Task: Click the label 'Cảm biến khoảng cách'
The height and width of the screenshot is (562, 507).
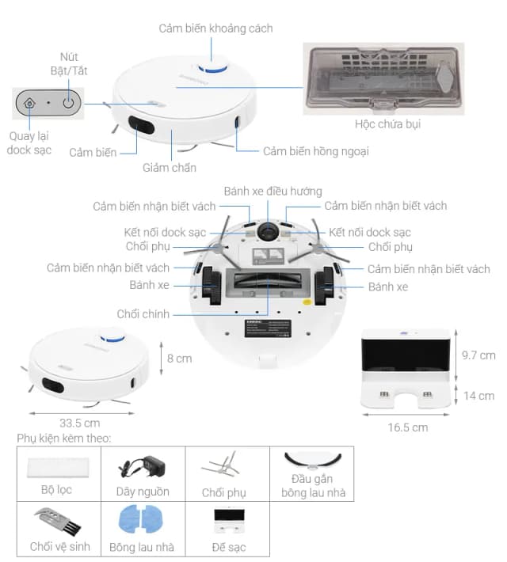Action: [215, 28]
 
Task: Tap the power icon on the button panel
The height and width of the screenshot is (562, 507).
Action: [69, 102]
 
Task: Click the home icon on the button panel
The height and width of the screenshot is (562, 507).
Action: [29, 102]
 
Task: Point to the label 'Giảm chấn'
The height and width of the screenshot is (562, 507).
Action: [169, 168]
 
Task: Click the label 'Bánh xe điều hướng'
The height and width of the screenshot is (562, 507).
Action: [273, 191]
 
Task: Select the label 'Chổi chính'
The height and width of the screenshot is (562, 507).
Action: [143, 314]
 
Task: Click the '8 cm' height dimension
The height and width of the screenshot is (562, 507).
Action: [178, 359]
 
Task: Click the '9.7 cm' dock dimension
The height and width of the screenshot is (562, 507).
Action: [478, 355]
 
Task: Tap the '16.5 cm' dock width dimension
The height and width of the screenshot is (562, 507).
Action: [408, 427]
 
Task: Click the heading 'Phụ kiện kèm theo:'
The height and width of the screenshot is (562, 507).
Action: [64, 438]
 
